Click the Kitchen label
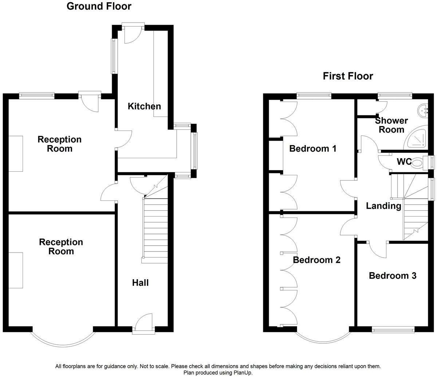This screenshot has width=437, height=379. (144, 106)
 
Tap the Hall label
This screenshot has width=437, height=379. (140, 282)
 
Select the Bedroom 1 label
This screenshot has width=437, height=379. (312, 149)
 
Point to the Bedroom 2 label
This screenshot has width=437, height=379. (316, 260)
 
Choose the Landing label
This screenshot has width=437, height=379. (383, 206)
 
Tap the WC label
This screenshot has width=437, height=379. (404, 161)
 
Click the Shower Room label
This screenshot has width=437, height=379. (391, 125)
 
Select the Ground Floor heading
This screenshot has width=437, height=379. (99, 6)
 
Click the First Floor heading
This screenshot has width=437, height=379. (348, 76)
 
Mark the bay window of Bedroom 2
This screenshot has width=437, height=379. (322, 339)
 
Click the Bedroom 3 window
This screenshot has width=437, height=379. (393, 330)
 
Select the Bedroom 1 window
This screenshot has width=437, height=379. (314, 95)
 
